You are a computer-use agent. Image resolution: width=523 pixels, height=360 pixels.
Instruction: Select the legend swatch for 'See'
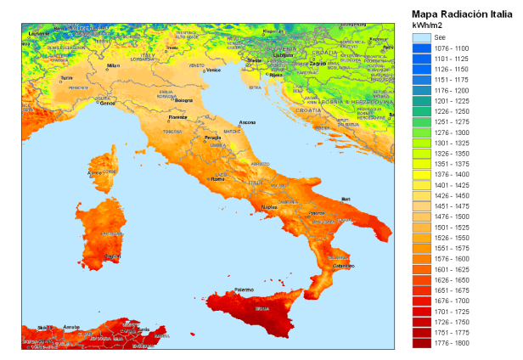[422, 38]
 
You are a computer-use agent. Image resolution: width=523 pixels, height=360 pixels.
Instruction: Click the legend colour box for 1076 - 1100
[422, 48]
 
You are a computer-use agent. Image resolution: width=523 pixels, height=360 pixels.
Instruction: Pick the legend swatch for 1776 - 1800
[422, 344]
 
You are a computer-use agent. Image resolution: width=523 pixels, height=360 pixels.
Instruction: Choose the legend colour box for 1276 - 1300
[422, 133]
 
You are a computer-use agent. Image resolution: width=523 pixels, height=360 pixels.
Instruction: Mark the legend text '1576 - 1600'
[452, 259]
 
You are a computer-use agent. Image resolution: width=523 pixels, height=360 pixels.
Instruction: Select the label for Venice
[212, 70]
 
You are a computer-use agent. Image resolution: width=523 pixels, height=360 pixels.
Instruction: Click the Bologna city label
[184, 101]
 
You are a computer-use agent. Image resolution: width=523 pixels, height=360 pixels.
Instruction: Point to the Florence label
[177, 117]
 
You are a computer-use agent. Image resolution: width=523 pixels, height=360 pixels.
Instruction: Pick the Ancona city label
[247, 123]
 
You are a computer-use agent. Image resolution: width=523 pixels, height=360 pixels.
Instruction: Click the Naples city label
[269, 206]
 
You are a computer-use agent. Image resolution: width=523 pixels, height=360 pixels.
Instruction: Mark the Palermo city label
[244, 290]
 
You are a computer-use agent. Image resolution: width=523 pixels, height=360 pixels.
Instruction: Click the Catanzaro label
[344, 267]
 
